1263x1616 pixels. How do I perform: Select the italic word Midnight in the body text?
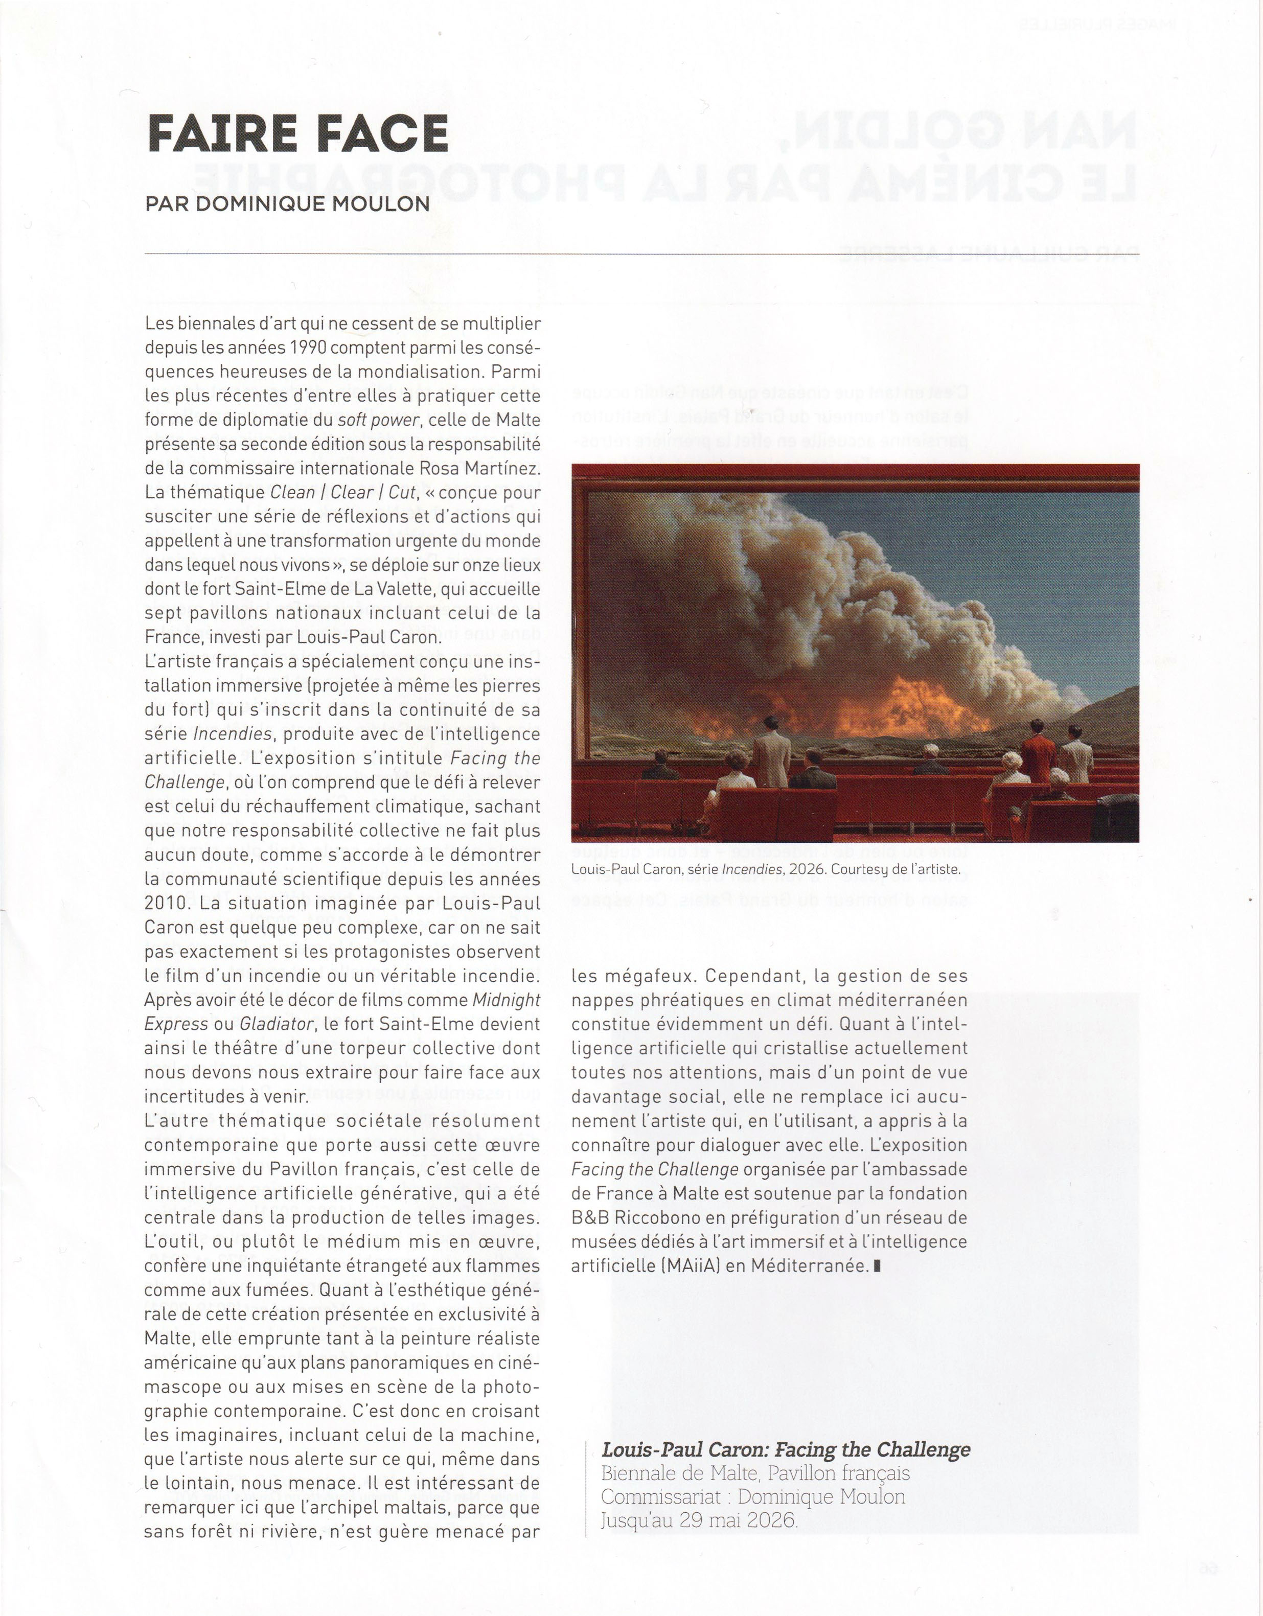(x=506, y=1000)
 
